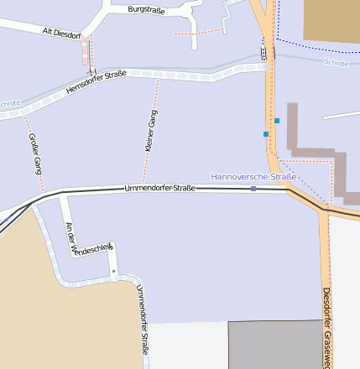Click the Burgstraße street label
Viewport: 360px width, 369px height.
point(146,9)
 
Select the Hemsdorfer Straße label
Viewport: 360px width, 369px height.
point(96,82)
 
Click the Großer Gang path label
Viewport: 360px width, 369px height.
point(35,153)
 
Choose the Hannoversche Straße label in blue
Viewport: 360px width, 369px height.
point(253,177)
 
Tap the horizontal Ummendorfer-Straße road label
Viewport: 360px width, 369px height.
point(159,188)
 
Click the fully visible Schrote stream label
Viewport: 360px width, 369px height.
point(335,63)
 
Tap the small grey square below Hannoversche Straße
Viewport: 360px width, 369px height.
point(253,189)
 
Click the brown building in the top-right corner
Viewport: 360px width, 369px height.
point(331,20)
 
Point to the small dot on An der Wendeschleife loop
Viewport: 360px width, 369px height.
point(113,271)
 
